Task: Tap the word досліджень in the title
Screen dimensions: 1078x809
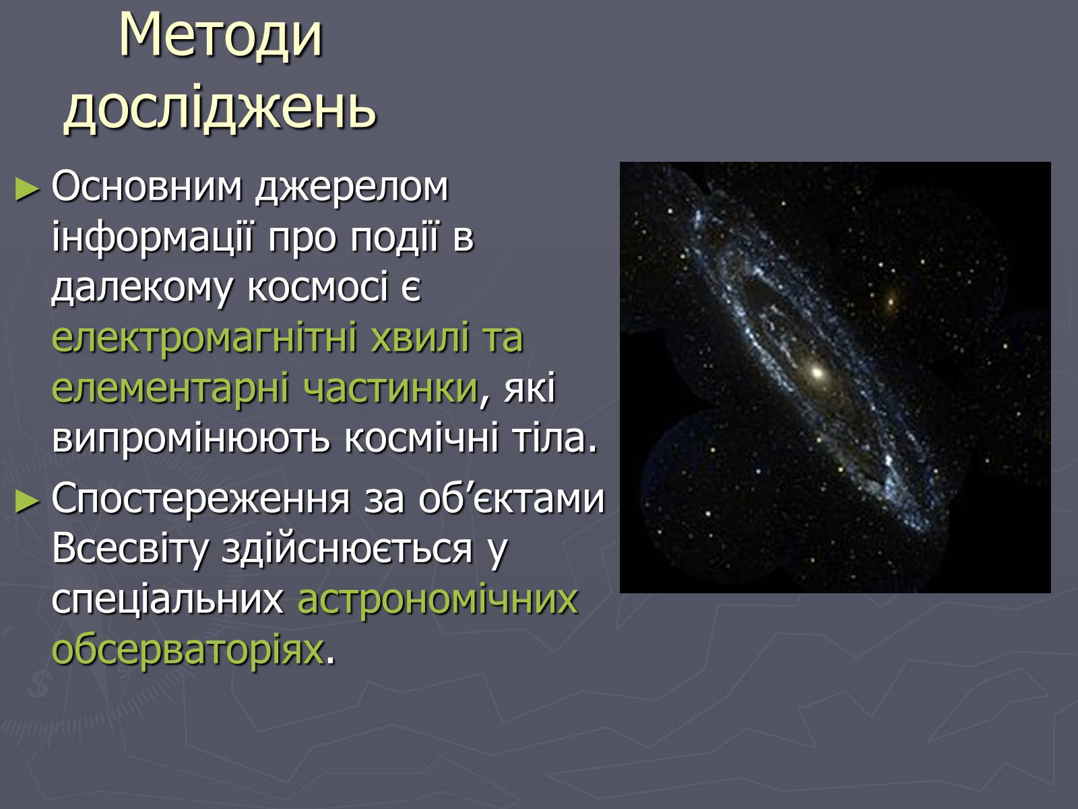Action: pos(220,107)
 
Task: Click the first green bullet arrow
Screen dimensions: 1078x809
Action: pos(27,189)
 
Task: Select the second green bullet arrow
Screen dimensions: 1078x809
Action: pos(27,502)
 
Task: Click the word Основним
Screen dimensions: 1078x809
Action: pos(147,187)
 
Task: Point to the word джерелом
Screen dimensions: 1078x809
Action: pos(352,189)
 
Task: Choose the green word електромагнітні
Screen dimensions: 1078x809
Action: pos(204,338)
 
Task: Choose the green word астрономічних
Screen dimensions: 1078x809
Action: pos(437,600)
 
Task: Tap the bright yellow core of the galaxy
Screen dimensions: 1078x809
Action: pos(817,372)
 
